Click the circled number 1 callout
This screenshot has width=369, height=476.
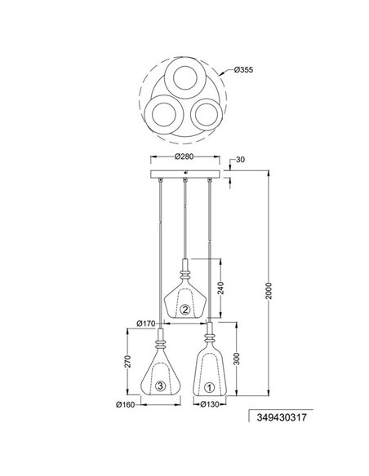tap(209, 388)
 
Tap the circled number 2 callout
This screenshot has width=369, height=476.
tap(185, 309)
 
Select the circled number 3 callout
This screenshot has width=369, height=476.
tap(161, 387)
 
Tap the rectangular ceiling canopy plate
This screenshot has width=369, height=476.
tap(185, 174)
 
